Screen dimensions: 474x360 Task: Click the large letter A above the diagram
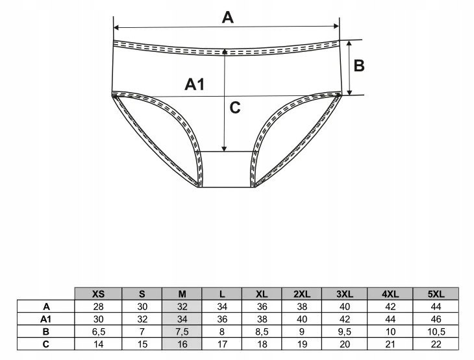pyautogui.click(x=228, y=17)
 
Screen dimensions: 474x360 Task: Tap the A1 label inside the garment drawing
pyautogui.click(x=195, y=84)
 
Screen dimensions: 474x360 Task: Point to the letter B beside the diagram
pyautogui.click(x=359, y=66)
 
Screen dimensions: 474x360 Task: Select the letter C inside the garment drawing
pyautogui.click(x=235, y=107)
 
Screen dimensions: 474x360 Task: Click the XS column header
pyautogui.click(x=98, y=294)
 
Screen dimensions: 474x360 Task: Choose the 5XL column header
pyautogui.click(x=436, y=294)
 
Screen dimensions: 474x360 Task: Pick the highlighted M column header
pyautogui.click(x=182, y=294)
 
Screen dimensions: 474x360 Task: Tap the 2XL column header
pyautogui.click(x=302, y=294)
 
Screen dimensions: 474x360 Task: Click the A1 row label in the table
pyautogui.click(x=45, y=319)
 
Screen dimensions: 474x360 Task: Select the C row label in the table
pyautogui.click(x=45, y=344)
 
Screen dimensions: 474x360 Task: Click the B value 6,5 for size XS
pyautogui.click(x=99, y=331)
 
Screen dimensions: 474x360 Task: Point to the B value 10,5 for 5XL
pyautogui.click(x=436, y=331)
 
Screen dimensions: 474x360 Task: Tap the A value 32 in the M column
pyautogui.click(x=182, y=307)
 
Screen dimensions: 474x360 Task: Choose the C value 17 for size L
pyautogui.click(x=222, y=344)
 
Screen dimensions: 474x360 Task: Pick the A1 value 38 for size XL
pyautogui.click(x=262, y=319)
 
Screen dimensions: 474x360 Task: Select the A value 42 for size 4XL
pyautogui.click(x=390, y=307)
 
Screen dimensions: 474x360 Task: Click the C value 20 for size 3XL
pyautogui.click(x=345, y=344)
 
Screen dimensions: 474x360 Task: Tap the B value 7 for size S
pyautogui.click(x=142, y=331)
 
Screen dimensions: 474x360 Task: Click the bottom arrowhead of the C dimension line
pyautogui.click(x=224, y=149)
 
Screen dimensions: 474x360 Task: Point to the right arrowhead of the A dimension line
pyautogui.click(x=336, y=26)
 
